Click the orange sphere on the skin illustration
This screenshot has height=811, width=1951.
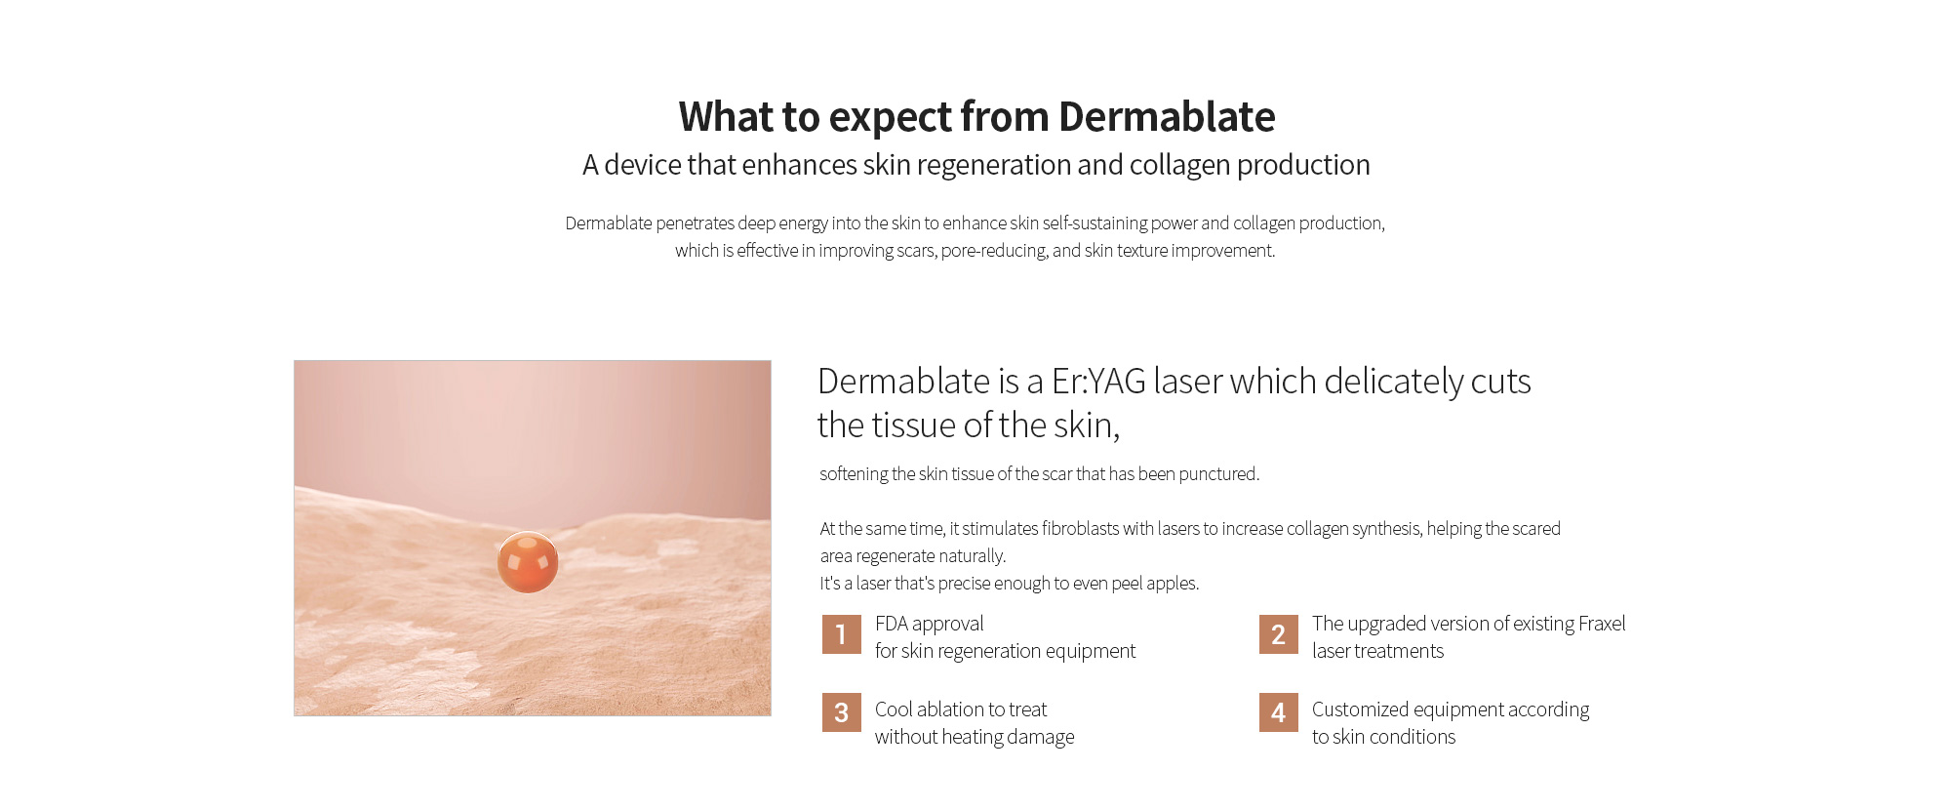tap(528, 562)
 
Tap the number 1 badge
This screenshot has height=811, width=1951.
tap(841, 634)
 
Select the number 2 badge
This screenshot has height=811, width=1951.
tap(1278, 634)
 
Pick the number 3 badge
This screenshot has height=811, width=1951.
tap(841, 712)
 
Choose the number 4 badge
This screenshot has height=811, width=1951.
tap(1278, 712)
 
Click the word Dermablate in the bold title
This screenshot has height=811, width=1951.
tap(1167, 117)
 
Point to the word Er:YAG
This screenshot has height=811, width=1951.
tap(1098, 382)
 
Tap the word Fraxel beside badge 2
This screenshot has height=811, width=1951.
tap(1602, 624)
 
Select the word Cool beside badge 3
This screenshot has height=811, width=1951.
tap(894, 710)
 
